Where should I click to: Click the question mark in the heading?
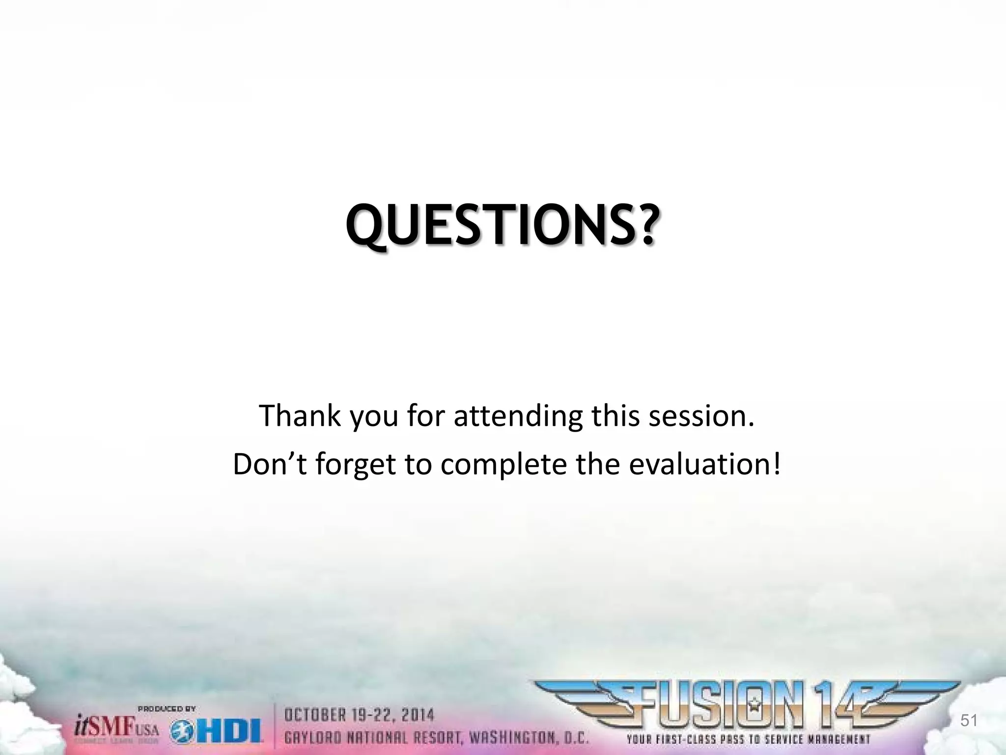(x=641, y=225)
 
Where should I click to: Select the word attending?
(x=518, y=416)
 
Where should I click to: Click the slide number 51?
(x=969, y=721)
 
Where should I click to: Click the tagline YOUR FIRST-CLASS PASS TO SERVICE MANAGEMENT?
(x=748, y=739)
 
